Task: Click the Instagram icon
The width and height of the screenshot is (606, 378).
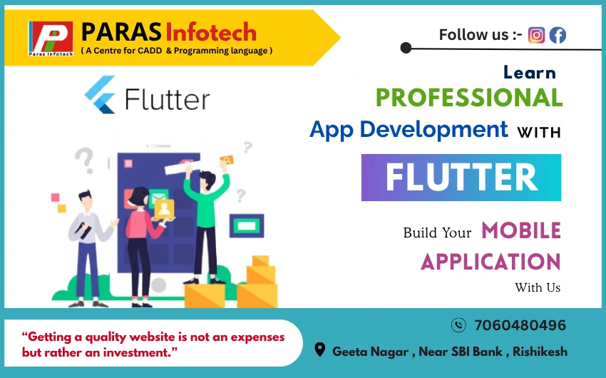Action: coord(536,35)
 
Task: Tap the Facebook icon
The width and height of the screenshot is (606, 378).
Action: coord(558,35)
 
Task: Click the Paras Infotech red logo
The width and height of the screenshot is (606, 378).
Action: coord(51,39)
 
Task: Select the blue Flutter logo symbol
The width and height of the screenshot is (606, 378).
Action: coord(100,95)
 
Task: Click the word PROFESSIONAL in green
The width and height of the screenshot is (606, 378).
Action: coord(469,98)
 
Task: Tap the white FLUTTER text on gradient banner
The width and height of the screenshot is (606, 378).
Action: coord(461,178)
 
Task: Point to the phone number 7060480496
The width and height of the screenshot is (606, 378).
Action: coord(520,325)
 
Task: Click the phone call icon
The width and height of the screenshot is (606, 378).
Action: coord(458,325)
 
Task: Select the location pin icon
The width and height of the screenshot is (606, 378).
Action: coord(319,349)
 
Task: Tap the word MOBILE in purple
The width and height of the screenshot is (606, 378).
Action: coord(521,231)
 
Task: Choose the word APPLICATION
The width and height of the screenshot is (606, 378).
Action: coord(491,262)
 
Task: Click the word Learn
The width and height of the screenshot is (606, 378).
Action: coord(530,72)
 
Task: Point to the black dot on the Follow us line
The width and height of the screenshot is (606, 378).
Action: coord(406,48)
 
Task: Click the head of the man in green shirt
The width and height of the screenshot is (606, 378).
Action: coord(207,180)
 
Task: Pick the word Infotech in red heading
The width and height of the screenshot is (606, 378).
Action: coord(211,32)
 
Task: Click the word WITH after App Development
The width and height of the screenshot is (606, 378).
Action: coord(539,133)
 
